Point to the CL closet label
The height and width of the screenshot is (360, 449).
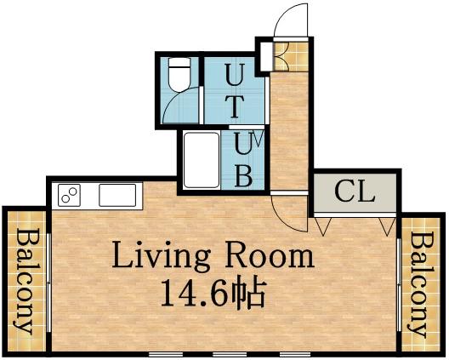(354, 191)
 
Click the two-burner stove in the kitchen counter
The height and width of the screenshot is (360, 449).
(68, 196)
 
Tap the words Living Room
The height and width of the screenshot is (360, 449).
(213, 254)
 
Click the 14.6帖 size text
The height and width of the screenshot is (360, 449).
(213, 294)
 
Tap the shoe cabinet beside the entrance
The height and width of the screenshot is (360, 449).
(265, 55)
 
